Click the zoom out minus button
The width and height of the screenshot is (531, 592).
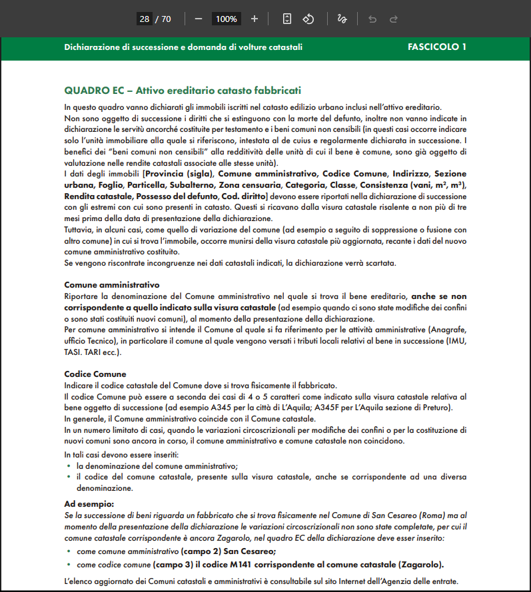pos(199,19)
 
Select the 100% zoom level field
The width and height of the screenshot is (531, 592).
pos(227,19)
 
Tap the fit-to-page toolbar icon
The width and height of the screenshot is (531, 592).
pos(287,19)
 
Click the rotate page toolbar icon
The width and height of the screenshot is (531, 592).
pos(308,19)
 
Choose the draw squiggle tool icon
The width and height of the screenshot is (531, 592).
pos(342,19)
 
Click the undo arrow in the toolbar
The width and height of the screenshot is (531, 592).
pos(372,19)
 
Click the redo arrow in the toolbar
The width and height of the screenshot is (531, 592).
pos(394,19)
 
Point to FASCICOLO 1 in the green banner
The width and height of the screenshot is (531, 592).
pos(436,47)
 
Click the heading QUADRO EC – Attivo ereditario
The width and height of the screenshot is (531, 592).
pos(183,90)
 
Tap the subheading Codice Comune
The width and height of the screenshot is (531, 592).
pos(95,374)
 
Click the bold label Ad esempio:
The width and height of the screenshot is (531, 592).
pos(89,504)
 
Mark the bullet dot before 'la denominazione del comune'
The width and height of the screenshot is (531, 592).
pos(69,466)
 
